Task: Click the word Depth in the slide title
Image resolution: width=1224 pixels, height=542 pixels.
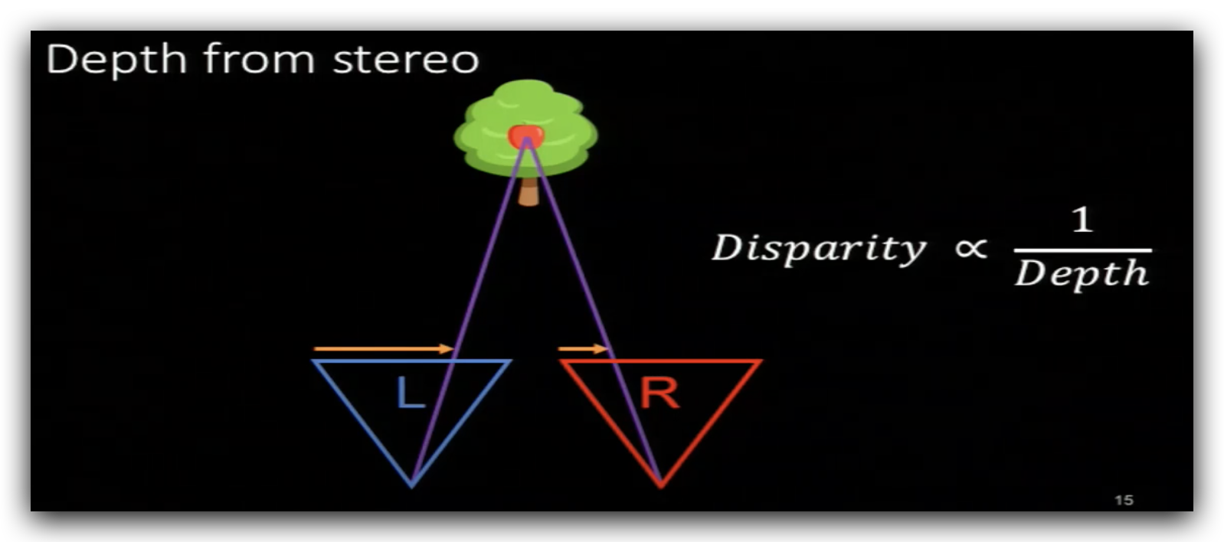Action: (x=116, y=60)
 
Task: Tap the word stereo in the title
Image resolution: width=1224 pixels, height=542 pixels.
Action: (x=406, y=60)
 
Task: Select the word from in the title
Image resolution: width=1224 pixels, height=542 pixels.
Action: (x=260, y=60)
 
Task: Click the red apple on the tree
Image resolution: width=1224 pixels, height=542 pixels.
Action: (x=526, y=137)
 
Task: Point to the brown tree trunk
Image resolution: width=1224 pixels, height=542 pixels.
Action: (x=529, y=191)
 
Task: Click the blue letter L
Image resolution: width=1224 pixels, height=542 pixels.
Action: (x=410, y=393)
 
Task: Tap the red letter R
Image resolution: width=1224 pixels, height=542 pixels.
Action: (x=659, y=393)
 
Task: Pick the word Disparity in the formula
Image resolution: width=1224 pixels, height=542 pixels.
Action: (x=819, y=249)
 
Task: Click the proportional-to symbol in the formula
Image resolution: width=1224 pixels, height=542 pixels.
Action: (x=970, y=248)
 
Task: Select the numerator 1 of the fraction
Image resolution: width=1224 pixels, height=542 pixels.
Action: (x=1082, y=220)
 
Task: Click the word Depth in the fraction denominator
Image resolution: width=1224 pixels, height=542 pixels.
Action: (x=1082, y=274)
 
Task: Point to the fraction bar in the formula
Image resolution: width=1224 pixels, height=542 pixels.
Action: (x=1082, y=250)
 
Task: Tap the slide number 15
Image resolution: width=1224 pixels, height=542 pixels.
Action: (x=1124, y=500)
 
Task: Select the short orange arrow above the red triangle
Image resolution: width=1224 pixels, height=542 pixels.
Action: (x=583, y=349)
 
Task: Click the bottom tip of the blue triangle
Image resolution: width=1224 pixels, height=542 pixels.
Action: (x=411, y=484)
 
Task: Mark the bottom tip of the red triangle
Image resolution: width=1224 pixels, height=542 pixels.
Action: (x=660, y=484)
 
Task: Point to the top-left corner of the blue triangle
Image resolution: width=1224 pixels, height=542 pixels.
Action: (x=314, y=361)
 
